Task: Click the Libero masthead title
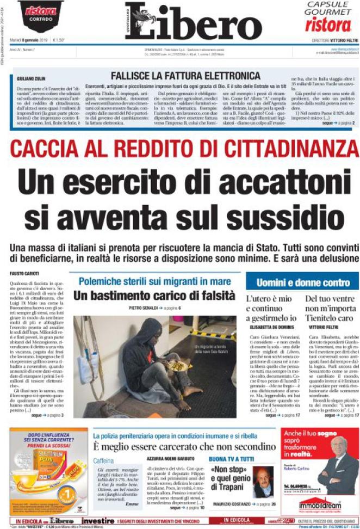tap(193, 23)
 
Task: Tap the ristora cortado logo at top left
tap(40, 13)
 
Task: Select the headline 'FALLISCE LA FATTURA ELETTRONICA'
tap(185, 76)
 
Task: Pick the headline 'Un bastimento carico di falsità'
tap(154, 296)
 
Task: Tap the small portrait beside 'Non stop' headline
tap(264, 482)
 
